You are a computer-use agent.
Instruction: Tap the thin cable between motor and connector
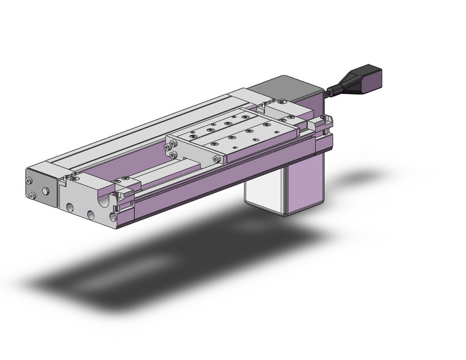[331, 93]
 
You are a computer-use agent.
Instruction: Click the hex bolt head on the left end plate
[46, 191]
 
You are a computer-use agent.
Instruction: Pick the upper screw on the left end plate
[29, 181]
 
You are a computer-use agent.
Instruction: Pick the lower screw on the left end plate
[32, 196]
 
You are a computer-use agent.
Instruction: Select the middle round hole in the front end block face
[90, 215]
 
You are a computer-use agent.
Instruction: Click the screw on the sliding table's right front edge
[218, 158]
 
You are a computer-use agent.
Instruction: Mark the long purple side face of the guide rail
[233, 178]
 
